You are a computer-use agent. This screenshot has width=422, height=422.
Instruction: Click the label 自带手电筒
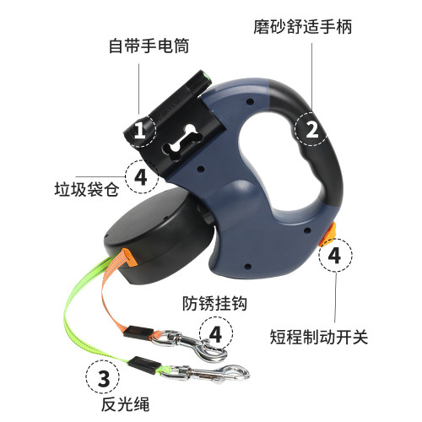(149, 46)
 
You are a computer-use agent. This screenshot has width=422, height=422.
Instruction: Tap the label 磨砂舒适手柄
(303, 27)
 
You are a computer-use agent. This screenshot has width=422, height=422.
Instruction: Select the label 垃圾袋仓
(87, 189)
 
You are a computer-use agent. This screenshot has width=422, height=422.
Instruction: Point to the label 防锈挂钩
(214, 304)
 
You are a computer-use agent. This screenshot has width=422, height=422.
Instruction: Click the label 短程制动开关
(319, 337)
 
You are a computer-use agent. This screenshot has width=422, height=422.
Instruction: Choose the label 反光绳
(125, 404)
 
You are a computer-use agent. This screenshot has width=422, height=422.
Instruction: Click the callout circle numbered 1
(140, 130)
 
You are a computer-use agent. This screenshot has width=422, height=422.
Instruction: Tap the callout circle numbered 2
(311, 129)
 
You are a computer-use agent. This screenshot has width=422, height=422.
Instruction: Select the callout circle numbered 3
(103, 377)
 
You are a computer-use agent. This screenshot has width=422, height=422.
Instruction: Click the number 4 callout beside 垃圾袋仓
(142, 176)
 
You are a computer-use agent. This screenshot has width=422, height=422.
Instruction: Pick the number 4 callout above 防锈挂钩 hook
(216, 333)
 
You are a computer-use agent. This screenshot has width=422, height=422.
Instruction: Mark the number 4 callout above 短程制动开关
(335, 255)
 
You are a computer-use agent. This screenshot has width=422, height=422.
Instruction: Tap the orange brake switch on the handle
(328, 235)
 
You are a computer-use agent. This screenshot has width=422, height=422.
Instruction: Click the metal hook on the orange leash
(192, 345)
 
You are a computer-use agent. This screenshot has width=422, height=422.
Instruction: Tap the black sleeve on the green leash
(143, 365)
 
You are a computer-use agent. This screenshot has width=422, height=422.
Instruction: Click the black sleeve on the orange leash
(138, 331)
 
